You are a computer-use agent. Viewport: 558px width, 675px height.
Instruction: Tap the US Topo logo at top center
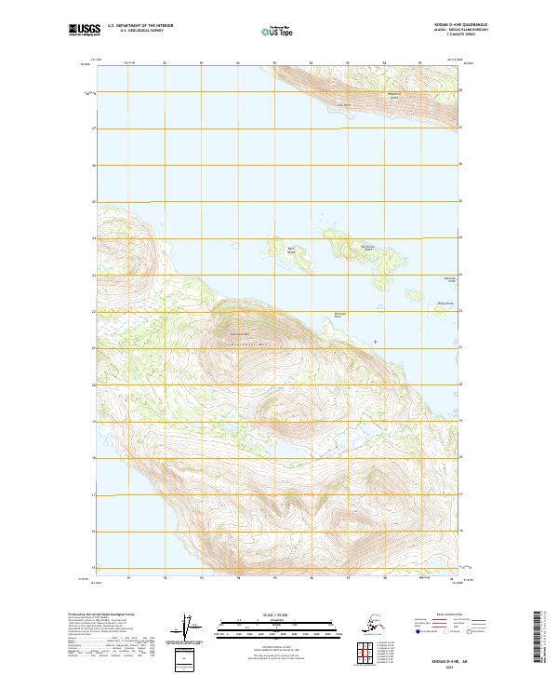pos(276,32)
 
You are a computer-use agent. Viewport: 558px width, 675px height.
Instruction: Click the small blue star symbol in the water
pos(376,341)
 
